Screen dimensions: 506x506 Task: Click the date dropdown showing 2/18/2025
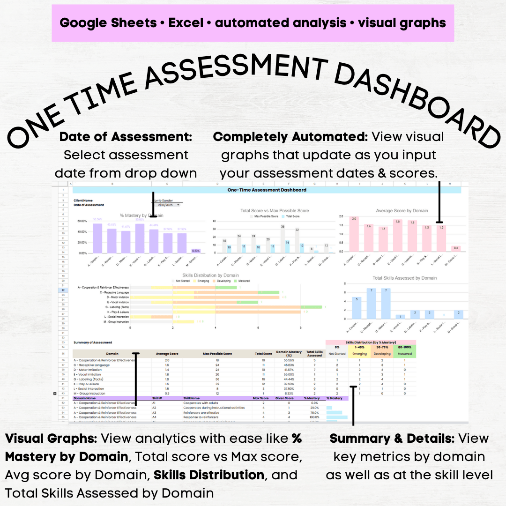point(169,205)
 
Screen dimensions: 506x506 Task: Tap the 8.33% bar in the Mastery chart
point(195,251)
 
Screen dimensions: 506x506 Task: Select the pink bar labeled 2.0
point(354,234)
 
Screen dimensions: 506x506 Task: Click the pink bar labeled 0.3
point(455,249)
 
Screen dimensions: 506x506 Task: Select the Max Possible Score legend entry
point(266,216)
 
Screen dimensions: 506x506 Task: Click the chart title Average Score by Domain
point(402,211)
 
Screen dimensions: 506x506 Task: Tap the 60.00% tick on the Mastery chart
point(82,221)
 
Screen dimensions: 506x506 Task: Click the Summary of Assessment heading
point(93,342)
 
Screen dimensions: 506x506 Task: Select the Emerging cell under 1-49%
point(359,354)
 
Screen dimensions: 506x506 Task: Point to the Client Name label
point(83,201)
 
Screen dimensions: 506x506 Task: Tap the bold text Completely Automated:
point(290,137)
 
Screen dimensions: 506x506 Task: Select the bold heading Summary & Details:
point(392,439)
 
